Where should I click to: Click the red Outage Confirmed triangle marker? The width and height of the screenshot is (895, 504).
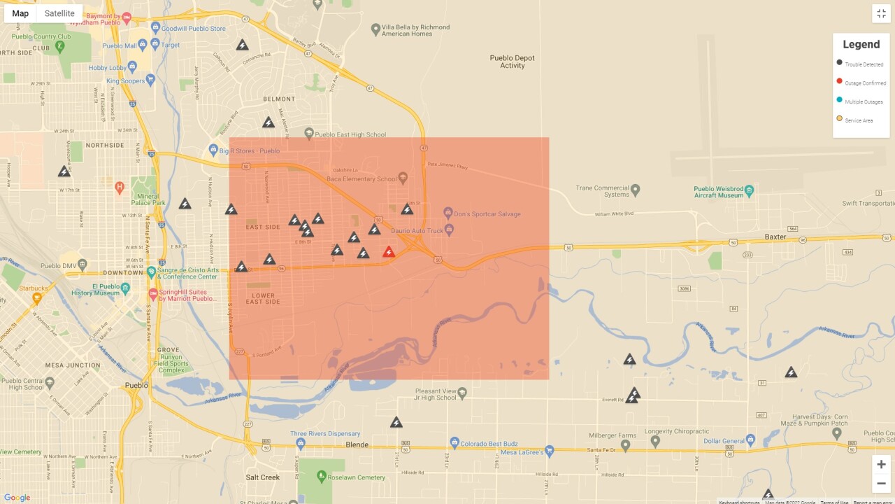click(x=389, y=252)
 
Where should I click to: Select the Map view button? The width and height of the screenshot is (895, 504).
click(x=20, y=13)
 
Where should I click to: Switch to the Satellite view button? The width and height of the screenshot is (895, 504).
click(x=59, y=13)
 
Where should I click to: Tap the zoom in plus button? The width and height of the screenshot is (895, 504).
click(x=881, y=465)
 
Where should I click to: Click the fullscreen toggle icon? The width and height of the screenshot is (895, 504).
click(x=881, y=13)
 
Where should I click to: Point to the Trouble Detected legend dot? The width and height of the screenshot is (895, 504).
click(x=839, y=63)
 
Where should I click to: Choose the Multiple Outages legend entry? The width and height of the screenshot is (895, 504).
click(x=864, y=101)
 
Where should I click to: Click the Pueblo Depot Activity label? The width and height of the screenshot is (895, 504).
click(x=513, y=62)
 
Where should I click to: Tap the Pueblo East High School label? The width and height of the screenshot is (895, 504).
click(x=350, y=134)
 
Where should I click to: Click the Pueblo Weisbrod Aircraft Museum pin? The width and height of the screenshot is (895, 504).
click(x=749, y=190)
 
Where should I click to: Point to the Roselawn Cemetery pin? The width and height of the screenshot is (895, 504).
click(x=322, y=476)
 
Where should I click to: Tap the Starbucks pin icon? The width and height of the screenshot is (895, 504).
click(x=37, y=297)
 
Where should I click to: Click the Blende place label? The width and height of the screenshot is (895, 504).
click(x=357, y=444)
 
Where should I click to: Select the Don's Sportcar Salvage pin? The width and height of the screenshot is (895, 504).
click(x=449, y=212)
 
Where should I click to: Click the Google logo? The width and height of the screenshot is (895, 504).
click(x=17, y=498)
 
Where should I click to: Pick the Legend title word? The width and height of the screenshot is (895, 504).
click(x=861, y=45)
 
